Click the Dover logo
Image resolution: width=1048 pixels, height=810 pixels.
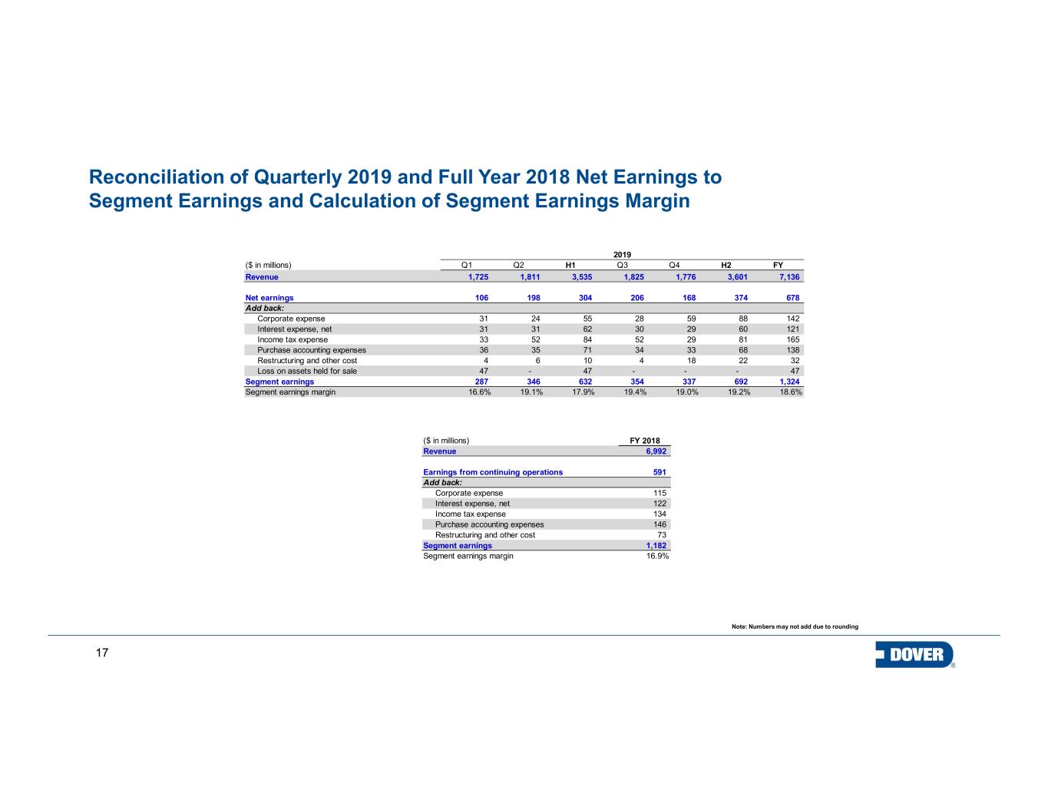click(914, 655)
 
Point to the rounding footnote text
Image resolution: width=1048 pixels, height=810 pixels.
click(795, 627)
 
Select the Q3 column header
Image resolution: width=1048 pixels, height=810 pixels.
click(622, 266)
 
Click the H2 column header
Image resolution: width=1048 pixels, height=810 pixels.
click(726, 266)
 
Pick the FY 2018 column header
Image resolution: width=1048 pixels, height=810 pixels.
click(644, 441)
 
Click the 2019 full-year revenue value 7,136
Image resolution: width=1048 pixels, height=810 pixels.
click(787, 276)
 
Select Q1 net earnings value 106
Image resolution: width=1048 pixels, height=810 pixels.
click(482, 298)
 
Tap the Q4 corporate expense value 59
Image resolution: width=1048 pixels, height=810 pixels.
click(691, 319)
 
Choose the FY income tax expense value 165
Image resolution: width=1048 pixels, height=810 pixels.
click(792, 339)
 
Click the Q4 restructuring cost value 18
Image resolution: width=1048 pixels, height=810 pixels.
click(691, 360)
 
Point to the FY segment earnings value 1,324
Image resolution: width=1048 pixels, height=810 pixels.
click(789, 382)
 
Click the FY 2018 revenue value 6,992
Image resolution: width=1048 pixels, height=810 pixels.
click(655, 451)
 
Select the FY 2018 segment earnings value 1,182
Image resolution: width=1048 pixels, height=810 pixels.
click(655, 546)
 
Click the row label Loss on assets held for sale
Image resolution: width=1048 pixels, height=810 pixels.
click(307, 371)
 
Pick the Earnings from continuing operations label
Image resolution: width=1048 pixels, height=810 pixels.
click(493, 472)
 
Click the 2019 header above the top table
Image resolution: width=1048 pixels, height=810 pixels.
click(622, 254)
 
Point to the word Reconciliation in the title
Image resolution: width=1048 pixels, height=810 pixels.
click(156, 177)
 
